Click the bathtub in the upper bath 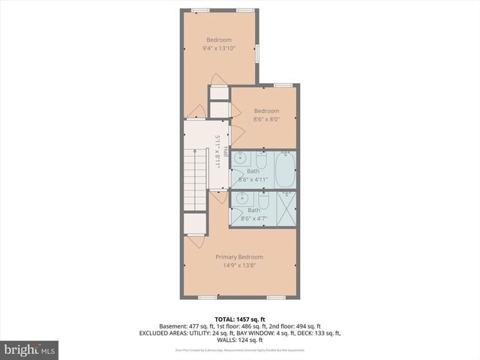pyautogui.click(x=285, y=169)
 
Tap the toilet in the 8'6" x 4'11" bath pyautogui.click(x=261, y=160)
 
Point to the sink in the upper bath pyautogui.click(x=239, y=160)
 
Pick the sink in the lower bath pyautogui.click(x=240, y=199)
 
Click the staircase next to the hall pyautogui.click(x=195, y=179)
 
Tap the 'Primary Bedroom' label pyautogui.click(x=239, y=257)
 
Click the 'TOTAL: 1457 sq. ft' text pyautogui.click(x=240, y=319)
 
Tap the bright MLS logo pyautogui.click(x=29, y=349)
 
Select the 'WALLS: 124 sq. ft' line pyautogui.click(x=240, y=340)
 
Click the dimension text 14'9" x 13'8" pyautogui.click(x=239, y=265)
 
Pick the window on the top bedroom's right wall pyautogui.click(x=256, y=53)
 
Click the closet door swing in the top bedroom pyautogui.click(x=216, y=79)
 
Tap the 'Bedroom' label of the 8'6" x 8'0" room pyautogui.click(x=266, y=111)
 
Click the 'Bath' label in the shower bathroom pyautogui.click(x=254, y=210)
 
